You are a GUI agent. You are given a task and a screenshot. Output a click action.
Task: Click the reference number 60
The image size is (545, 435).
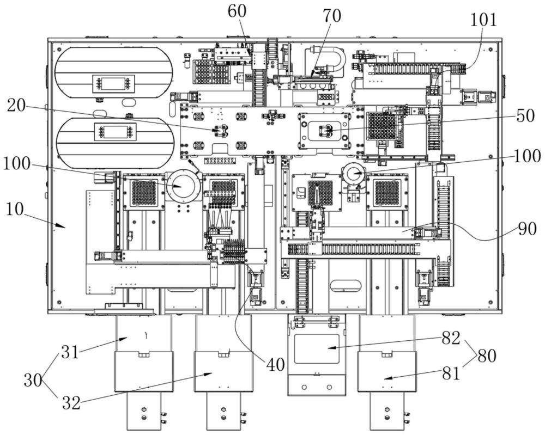[237, 11]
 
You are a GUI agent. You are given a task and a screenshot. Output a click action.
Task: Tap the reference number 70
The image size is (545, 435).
[332, 16]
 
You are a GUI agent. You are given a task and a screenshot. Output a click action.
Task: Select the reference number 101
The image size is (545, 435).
[483, 20]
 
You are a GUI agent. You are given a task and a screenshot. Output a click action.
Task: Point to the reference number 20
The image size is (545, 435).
[16, 106]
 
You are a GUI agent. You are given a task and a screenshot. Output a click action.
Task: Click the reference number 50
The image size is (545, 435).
[525, 116]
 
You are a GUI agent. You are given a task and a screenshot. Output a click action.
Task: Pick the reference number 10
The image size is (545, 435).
[15, 209]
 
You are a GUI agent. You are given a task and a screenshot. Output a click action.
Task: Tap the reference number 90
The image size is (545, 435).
[527, 229]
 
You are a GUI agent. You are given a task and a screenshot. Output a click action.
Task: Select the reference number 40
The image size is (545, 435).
[276, 365]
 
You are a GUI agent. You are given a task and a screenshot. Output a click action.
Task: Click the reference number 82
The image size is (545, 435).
[451, 338]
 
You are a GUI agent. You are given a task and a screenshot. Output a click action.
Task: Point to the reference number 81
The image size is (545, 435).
[451, 373]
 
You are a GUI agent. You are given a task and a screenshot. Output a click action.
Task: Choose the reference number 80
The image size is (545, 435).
[487, 356]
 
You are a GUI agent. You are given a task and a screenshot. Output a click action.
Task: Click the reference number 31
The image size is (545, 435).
[70, 353]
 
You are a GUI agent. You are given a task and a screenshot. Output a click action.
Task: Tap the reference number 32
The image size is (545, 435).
[71, 403]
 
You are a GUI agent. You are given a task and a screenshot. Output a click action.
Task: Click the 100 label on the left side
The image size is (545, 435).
[16, 164]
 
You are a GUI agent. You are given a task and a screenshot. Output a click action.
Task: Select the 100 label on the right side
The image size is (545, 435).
[527, 156]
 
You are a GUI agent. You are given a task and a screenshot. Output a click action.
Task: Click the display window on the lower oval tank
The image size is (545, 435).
[115, 133]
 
